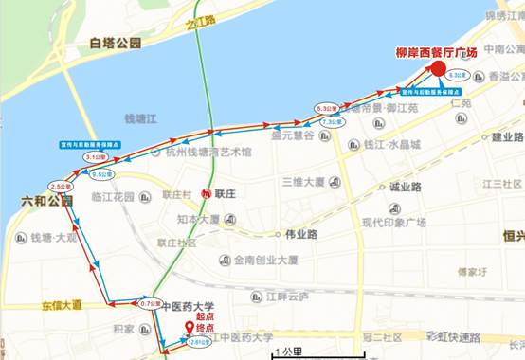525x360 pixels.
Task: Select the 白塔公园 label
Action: pyautogui.click(x=115, y=43)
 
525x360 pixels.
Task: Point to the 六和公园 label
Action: pyautogui.click(x=46, y=202)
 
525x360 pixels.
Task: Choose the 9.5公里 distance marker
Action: pyautogui.click(x=102, y=174)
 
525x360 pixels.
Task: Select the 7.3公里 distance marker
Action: pyautogui.click(x=331, y=122)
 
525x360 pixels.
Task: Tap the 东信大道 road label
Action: pyautogui.click(x=62, y=305)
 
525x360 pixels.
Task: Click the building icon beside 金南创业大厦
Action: pyautogui.click(x=223, y=260)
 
